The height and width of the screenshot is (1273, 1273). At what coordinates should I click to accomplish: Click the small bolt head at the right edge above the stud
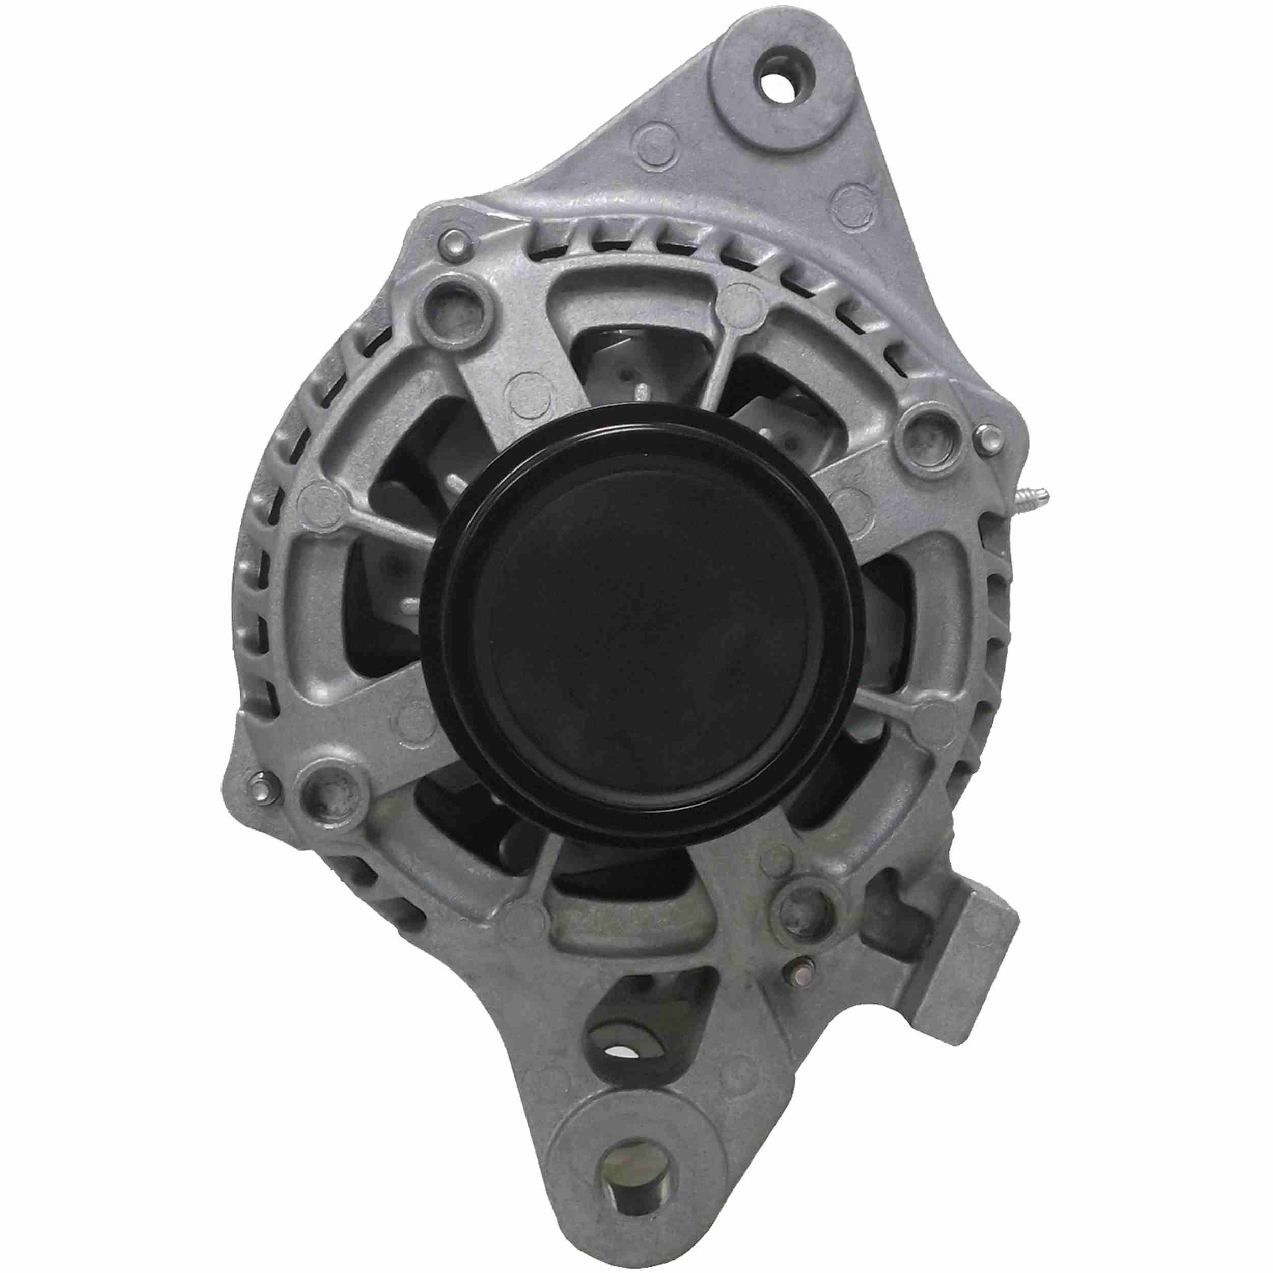986,437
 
